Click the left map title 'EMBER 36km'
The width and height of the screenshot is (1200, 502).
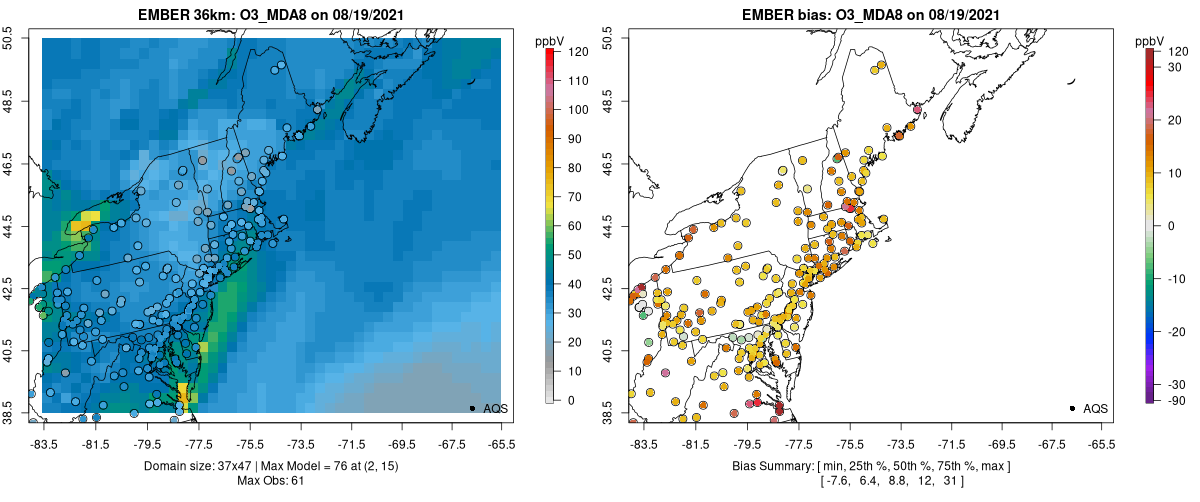click(x=190, y=15)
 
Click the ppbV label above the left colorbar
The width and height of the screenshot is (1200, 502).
click(x=550, y=41)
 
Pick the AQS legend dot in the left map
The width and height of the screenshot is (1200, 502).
click(x=472, y=408)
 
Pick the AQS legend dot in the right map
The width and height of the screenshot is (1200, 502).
click(x=1072, y=408)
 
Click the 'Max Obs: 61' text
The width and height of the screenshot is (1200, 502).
click(x=272, y=481)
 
